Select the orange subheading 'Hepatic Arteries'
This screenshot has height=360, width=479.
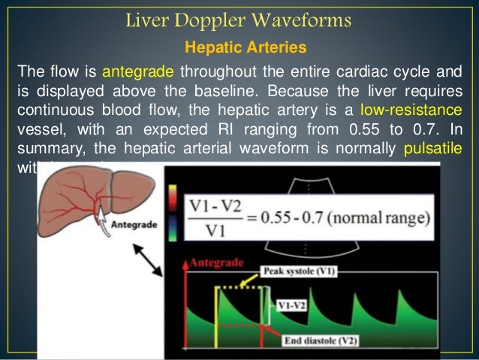[x=246, y=48]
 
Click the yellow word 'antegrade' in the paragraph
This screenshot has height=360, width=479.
[x=137, y=72]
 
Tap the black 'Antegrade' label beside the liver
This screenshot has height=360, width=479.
[x=134, y=224]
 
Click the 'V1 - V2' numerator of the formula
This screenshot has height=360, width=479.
[x=218, y=205]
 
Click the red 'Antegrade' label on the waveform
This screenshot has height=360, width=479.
[x=217, y=262]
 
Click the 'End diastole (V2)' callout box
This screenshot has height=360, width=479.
[x=324, y=340]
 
